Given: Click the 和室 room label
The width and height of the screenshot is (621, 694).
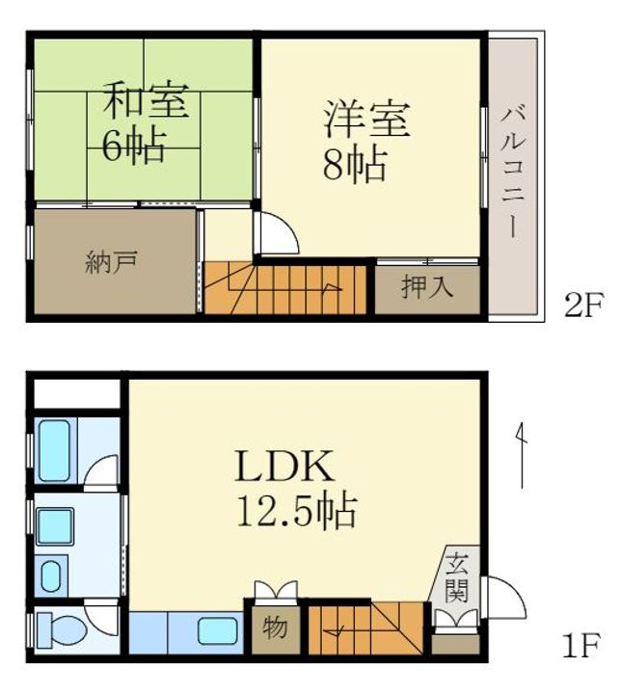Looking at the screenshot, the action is pos(145,101).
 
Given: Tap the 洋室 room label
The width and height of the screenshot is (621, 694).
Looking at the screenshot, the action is pos(366,120).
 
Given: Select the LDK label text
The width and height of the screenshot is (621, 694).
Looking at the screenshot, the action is pos(283,467).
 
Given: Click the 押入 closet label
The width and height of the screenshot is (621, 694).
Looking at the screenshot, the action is pos(427,287).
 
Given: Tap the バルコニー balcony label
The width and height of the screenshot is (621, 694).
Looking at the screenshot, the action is pos(513,173).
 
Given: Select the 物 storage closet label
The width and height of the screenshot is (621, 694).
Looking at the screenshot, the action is pos(275,627).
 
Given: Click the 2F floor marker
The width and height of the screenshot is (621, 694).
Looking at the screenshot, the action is pos(583,306).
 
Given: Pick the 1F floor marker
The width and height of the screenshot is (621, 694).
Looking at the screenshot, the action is pos(580,645).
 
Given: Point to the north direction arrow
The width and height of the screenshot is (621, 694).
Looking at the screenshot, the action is pos(522,455).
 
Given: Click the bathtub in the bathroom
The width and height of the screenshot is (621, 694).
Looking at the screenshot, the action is pos(54,450).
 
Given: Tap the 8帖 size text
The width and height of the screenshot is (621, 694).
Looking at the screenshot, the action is pos(355,164).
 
